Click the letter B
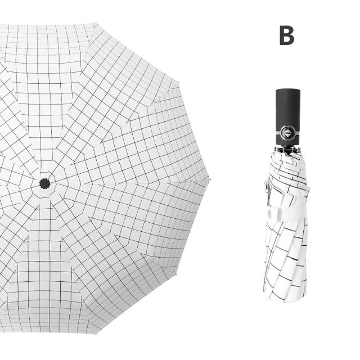[287, 35]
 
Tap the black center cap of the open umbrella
[45, 183]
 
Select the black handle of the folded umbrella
[288, 117]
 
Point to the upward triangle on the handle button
[288, 131]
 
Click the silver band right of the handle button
[298, 133]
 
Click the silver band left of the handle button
[278, 133]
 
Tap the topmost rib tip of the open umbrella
[96, 23]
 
